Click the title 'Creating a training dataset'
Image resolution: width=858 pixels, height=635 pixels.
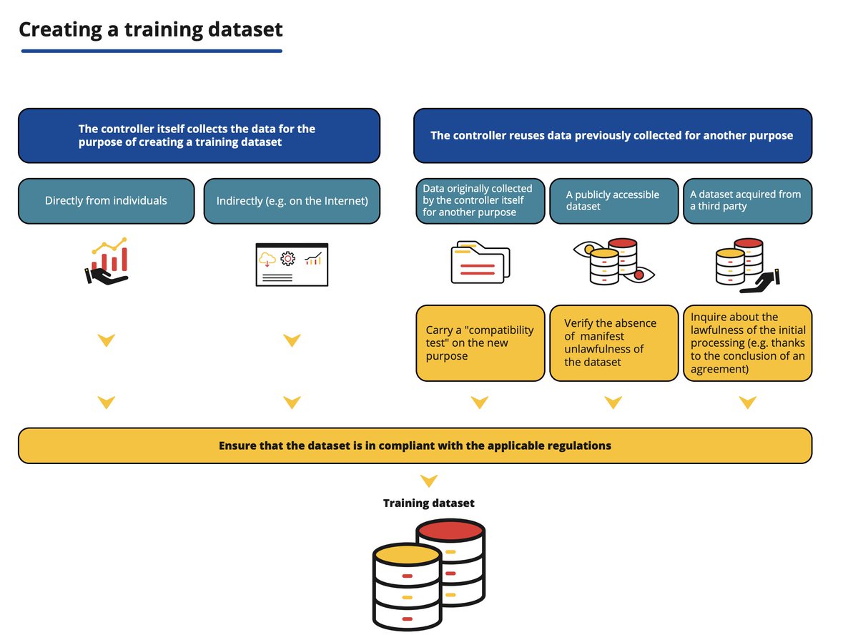click(x=151, y=29)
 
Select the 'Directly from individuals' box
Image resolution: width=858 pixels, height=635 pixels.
click(x=106, y=201)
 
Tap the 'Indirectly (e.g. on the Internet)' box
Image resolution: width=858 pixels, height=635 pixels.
click(x=292, y=201)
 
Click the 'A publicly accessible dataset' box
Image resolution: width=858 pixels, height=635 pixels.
click(x=613, y=201)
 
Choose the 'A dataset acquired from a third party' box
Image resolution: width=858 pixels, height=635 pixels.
click(x=747, y=201)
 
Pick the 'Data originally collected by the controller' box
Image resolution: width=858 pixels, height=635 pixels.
click(x=479, y=201)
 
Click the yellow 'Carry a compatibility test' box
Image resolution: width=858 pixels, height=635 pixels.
click(x=479, y=343)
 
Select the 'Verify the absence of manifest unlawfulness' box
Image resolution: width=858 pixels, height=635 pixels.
click(x=613, y=343)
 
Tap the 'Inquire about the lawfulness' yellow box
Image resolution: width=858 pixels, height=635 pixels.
click(x=747, y=343)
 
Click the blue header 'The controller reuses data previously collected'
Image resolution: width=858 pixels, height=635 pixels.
click(x=612, y=136)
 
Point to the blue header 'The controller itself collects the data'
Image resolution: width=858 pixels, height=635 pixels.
click(x=199, y=136)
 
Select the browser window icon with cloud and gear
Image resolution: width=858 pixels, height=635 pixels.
click(x=292, y=265)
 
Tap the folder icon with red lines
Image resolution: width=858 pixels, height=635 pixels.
click(x=480, y=265)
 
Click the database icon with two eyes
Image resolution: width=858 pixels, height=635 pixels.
click(x=613, y=262)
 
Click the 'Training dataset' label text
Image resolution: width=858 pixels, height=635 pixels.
click(x=428, y=503)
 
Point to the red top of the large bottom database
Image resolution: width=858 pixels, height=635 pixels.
click(x=450, y=531)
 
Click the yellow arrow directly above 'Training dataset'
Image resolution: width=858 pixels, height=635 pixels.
click(x=428, y=481)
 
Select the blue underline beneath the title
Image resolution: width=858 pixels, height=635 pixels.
click(x=152, y=51)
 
